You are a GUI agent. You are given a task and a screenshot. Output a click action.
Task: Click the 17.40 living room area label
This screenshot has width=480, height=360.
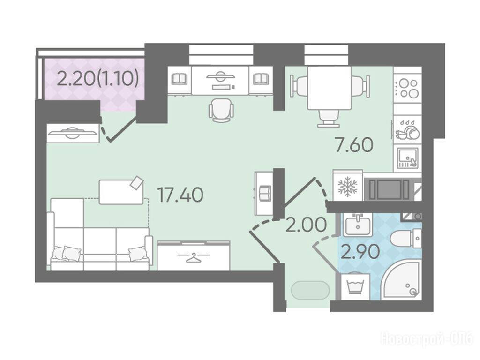[x=180, y=195]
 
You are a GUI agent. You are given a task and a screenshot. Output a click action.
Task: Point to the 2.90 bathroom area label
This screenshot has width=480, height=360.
[x=360, y=252]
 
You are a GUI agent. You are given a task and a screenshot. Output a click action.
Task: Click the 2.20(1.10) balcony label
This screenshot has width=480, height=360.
[x=98, y=79]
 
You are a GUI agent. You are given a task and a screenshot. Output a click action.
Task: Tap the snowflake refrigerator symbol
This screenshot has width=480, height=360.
[x=347, y=187]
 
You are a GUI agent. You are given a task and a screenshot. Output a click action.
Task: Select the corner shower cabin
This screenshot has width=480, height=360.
[x=402, y=281]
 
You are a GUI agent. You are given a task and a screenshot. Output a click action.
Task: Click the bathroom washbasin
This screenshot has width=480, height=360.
[x=357, y=225]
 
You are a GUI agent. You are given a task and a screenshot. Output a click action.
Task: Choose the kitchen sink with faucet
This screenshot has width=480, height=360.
[x=407, y=158]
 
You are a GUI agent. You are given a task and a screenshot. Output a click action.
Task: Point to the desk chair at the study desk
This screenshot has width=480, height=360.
[x=221, y=111]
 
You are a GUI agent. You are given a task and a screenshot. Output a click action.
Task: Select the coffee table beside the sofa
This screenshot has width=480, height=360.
[x=121, y=190]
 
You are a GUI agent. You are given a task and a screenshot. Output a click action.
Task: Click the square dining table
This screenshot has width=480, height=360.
[x=329, y=88]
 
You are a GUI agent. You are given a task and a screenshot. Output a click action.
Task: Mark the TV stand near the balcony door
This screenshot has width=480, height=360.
[x=73, y=133]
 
